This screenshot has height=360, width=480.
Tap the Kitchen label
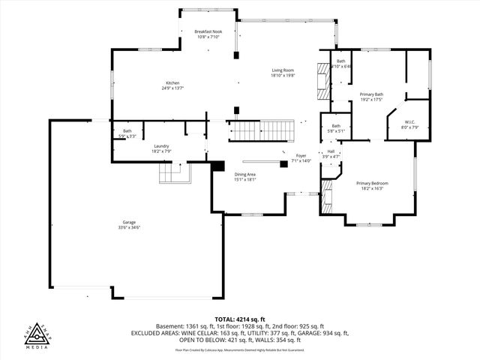click(172, 82)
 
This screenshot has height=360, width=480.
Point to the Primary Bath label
click(371, 94)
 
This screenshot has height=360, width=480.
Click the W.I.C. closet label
click(409, 122)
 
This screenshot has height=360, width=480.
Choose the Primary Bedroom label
click(372, 184)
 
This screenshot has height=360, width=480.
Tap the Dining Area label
click(246, 175)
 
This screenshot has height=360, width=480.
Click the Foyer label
click(301, 156)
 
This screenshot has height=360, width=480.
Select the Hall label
click(331, 151)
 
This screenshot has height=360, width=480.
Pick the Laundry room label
click(161, 146)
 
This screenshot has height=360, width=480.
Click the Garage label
click(130, 223)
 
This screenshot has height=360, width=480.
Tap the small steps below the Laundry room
click(172, 175)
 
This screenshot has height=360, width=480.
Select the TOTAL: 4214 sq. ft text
click(240, 319)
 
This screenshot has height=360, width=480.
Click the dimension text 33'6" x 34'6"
click(130, 227)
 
